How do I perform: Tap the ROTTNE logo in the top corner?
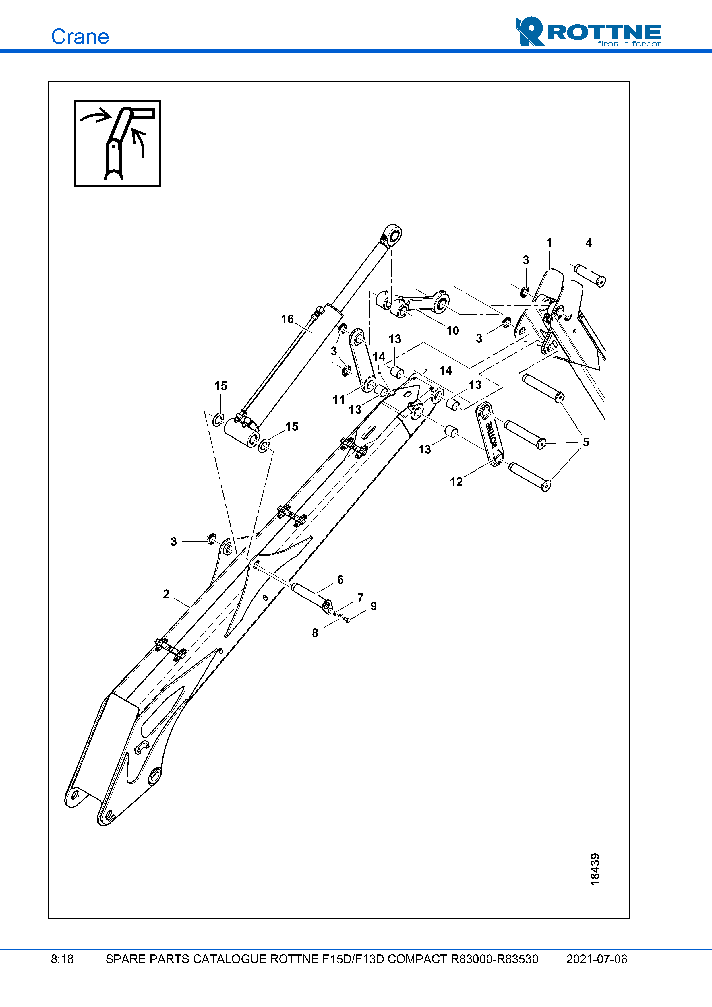point(588,32)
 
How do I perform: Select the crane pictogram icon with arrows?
point(118,143)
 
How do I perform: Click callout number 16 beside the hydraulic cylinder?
point(287,319)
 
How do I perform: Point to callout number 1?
point(549,242)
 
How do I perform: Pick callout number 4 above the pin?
point(589,243)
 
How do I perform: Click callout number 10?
point(453,330)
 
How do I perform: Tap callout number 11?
point(339,399)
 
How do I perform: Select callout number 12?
point(456,482)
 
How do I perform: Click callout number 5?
point(586,442)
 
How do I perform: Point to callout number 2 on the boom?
point(166,594)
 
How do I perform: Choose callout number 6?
point(340,580)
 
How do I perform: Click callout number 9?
point(374,606)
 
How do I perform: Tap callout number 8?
point(315,633)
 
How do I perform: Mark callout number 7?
point(360,598)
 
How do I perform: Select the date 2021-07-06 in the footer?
point(597,959)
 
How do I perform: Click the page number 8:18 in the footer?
point(62,959)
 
